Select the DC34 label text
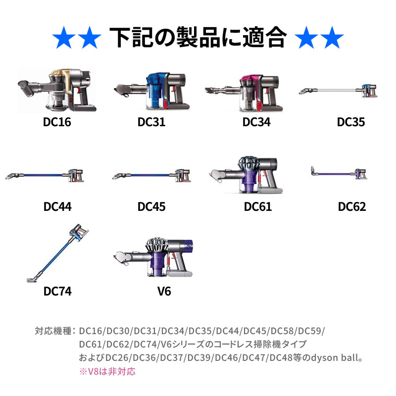(256, 122)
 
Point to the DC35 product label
(351, 122)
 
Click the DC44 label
(57, 206)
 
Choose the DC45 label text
(151, 206)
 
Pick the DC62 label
(352, 206)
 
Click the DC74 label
(57, 292)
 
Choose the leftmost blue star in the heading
(64, 37)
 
